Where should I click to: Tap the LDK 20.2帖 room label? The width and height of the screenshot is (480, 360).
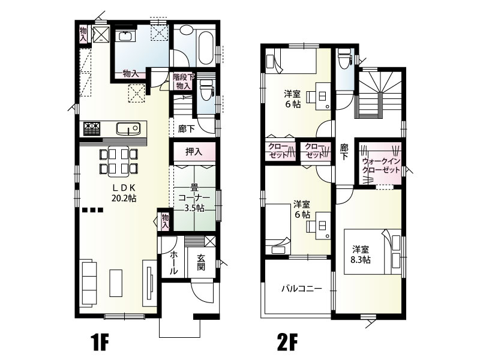pyautogui.click(x=124, y=193)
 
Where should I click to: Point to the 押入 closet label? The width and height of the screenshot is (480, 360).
pyautogui.click(x=194, y=152)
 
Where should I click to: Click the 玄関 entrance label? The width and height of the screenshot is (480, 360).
pyautogui.click(x=201, y=262)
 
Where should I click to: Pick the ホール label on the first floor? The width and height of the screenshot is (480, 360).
pyautogui.click(x=173, y=262)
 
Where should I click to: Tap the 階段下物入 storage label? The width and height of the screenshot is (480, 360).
pyautogui.click(x=184, y=82)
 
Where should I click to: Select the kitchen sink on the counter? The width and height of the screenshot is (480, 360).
pyautogui.click(x=128, y=128)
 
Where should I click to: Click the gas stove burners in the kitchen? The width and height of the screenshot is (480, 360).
pyautogui.click(x=91, y=128)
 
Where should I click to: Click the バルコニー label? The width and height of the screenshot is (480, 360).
pyautogui.click(x=302, y=289)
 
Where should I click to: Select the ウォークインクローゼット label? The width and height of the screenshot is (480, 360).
pyautogui.click(x=381, y=166)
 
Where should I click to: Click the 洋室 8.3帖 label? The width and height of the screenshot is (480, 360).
pyautogui.click(x=361, y=254)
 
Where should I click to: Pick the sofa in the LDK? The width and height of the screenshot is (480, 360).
pyautogui.click(x=88, y=283)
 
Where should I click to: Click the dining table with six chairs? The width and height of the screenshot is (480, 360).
pyautogui.click(x=118, y=161)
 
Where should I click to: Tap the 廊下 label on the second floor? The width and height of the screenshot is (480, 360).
pyautogui.click(x=344, y=152)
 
